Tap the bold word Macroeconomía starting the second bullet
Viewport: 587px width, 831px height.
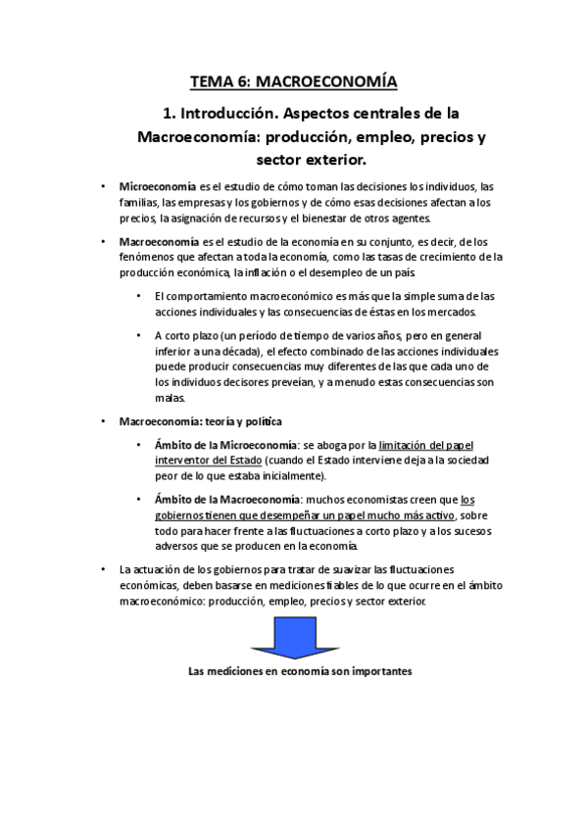[x=157, y=241]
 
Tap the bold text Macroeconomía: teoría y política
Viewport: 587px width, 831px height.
[x=200, y=421]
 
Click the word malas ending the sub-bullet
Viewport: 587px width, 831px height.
[x=168, y=398]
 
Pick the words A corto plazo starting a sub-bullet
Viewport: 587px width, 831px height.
[x=188, y=335]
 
